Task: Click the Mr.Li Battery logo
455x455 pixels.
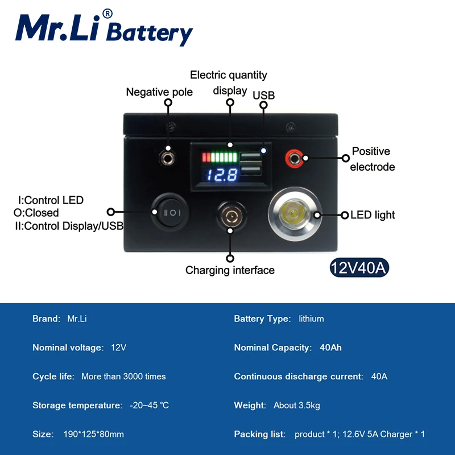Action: pyautogui.click(x=104, y=28)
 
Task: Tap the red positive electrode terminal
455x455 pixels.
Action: pyautogui.click(x=294, y=156)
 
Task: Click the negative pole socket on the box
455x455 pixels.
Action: pyautogui.click(x=168, y=152)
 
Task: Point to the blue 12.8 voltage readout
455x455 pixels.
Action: pyautogui.click(x=222, y=175)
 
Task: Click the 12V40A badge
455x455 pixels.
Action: pyautogui.click(x=359, y=268)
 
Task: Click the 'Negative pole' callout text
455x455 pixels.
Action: pyautogui.click(x=159, y=92)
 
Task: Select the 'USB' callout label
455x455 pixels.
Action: pyautogui.click(x=263, y=96)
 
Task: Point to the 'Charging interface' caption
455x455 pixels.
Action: pyautogui.click(x=230, y=270)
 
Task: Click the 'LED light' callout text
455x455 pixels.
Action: pyautogui.click(x=373, y=215)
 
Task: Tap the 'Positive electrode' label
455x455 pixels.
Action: pyautogui.click(x=373, y=159)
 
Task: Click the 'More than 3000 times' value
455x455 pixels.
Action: pyautogui.click(x=123, y=377)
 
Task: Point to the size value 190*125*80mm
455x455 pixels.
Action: pyautogui.click(x=93, y=435)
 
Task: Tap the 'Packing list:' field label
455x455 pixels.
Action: pyautogui.click(x=260, y=435)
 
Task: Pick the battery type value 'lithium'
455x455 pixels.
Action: pyautogui.click(x=311, y=318)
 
